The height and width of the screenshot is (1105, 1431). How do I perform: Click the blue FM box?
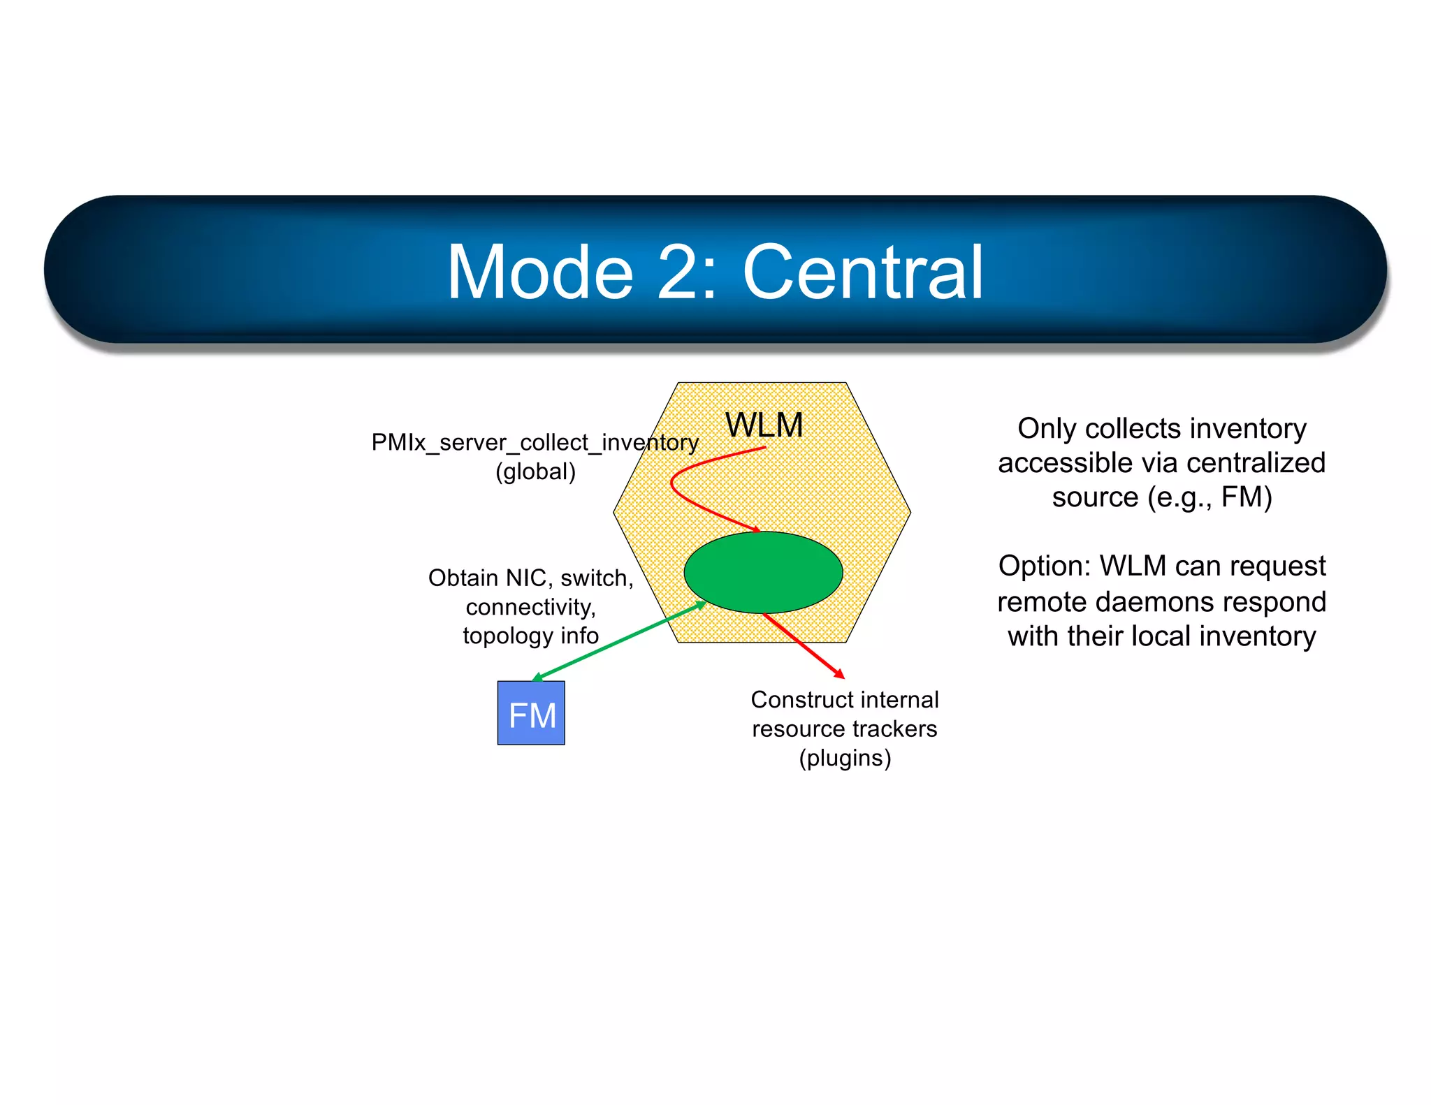click(531, 713)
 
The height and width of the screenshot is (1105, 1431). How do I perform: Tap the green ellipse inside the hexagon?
click(763, 572)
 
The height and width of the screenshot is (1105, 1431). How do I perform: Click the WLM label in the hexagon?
click(764, 425)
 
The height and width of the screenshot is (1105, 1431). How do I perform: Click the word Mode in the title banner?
click(540, 272)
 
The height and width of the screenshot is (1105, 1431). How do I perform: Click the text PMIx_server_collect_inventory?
click(535, 442)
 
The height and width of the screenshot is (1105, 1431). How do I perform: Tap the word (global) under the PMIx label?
click(535, 471)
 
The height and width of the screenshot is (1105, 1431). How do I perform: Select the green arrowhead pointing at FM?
click(538, 677)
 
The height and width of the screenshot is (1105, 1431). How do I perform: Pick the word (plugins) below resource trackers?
click(845, 758)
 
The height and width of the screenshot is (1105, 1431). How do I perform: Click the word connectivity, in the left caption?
click(531, 607)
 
